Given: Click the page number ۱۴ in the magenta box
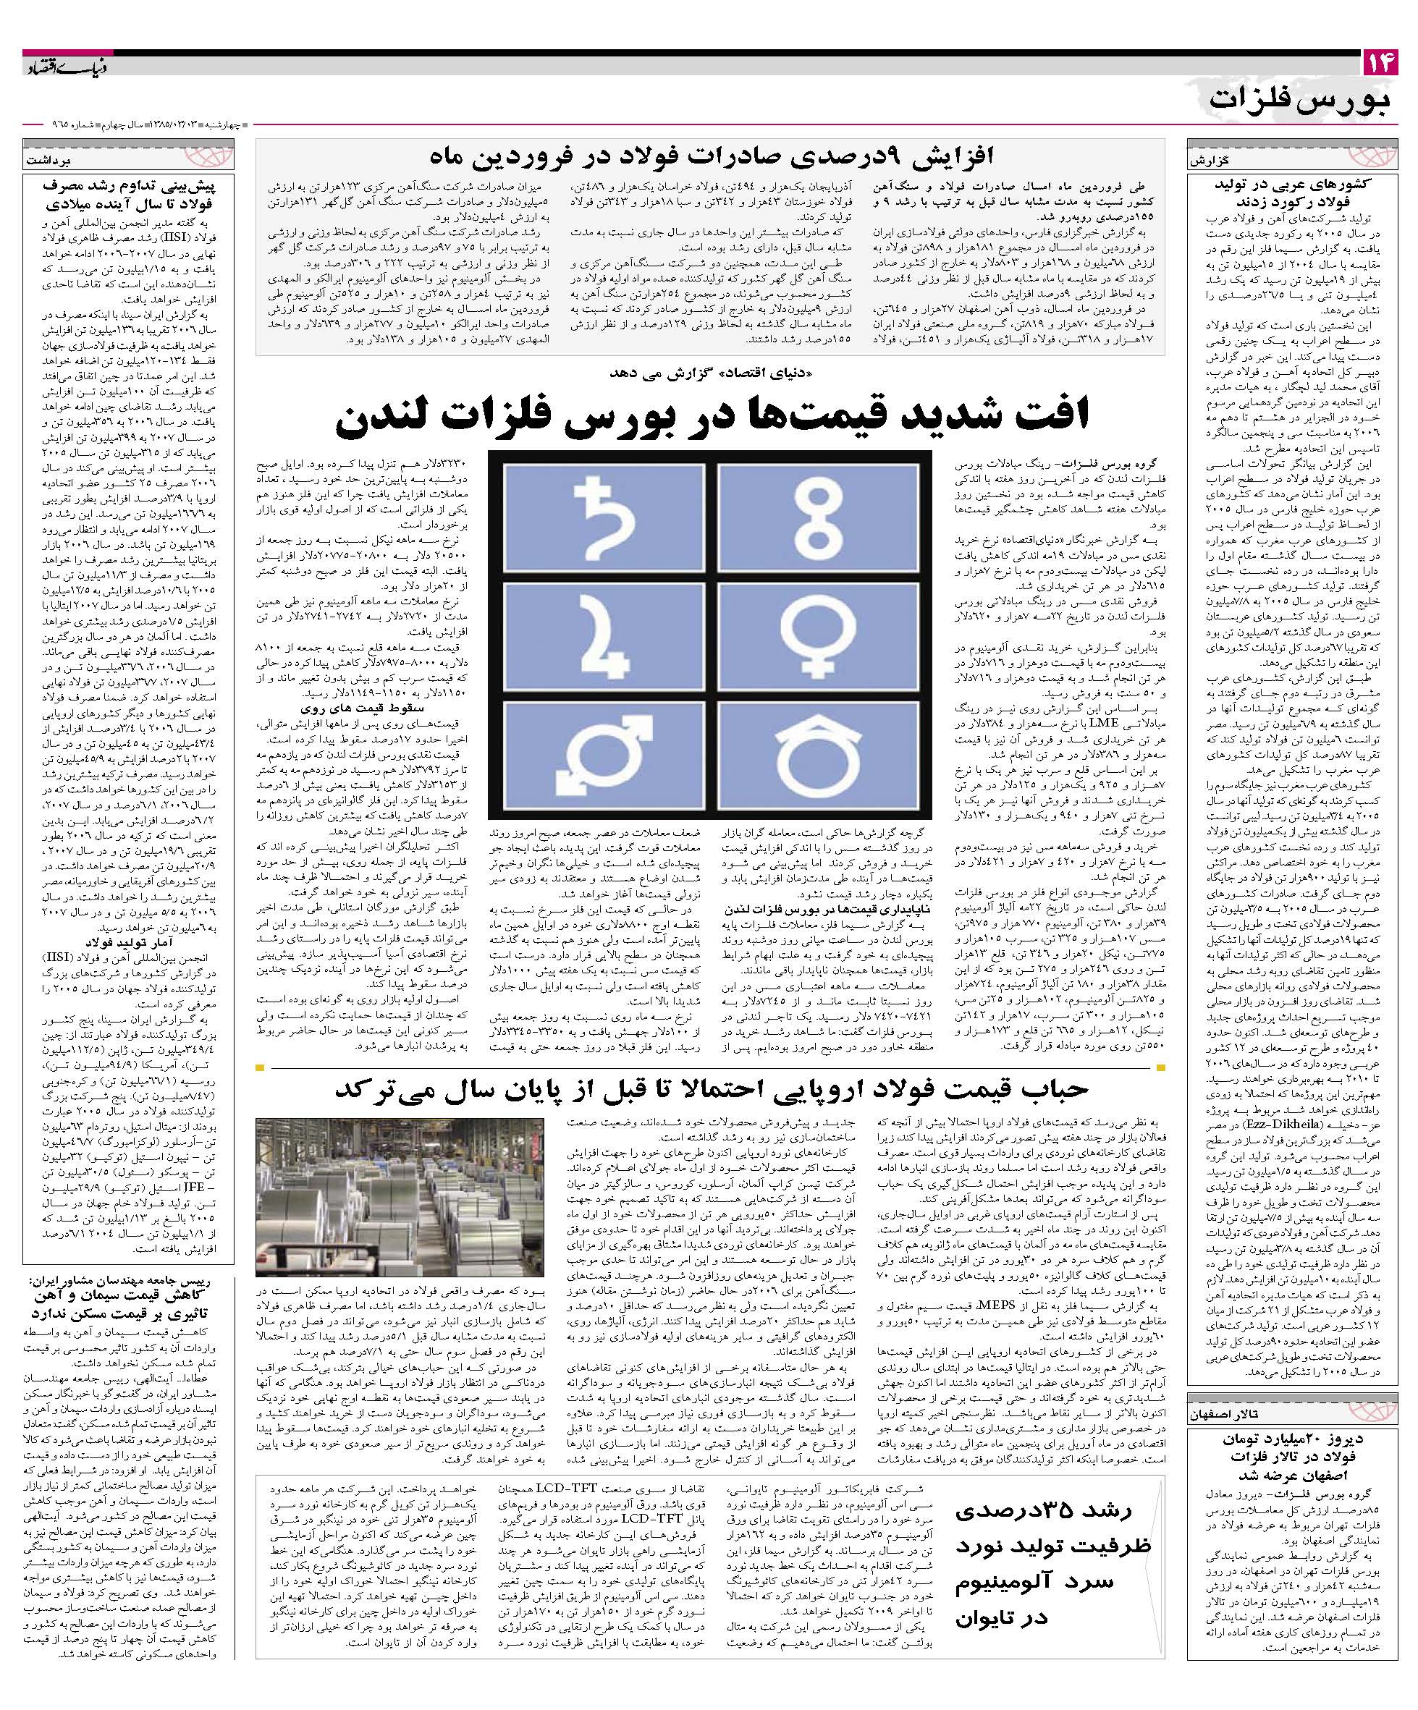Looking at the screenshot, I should (1379, 63).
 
